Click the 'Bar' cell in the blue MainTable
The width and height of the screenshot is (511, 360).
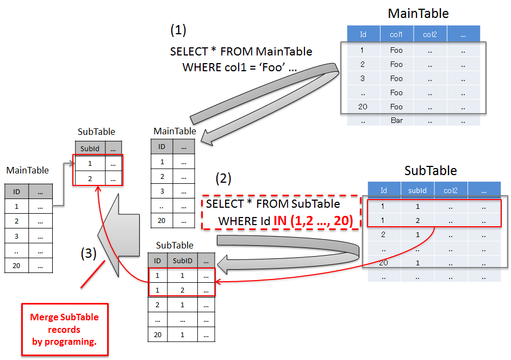point(396,120)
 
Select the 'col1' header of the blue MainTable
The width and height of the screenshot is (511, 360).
point(396,34)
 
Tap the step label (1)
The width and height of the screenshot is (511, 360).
point(178,30)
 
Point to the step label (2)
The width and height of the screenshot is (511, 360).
point(223,178)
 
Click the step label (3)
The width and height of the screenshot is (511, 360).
point(89,253)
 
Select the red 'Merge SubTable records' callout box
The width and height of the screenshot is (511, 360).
point(65,330)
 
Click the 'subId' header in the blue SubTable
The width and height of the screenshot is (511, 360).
point(417,190)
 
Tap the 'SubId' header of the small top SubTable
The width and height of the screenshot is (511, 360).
point(90,148)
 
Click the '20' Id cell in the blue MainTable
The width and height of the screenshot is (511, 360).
point(363,107)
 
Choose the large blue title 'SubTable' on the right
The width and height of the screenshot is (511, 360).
point(431,171)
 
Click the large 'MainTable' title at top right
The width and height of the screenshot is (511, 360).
point(418,14)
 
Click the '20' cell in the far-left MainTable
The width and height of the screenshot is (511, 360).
point(16,265)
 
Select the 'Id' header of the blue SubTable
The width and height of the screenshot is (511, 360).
point(384,190)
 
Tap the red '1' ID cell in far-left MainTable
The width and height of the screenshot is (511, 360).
point(16,207)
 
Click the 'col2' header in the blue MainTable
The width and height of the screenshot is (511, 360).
point(430,34)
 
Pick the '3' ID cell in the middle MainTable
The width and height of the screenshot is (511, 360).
point(161,191)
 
